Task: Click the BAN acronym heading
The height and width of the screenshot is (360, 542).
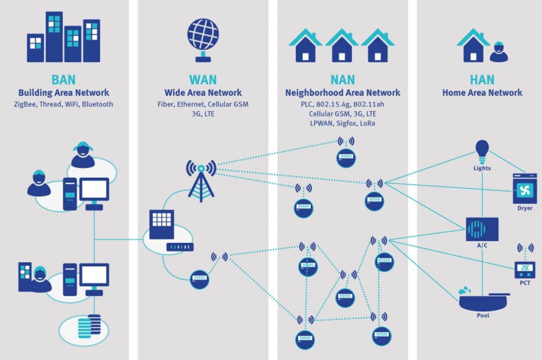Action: coord(63,79)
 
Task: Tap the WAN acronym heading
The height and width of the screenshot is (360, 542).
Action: coord(203,79)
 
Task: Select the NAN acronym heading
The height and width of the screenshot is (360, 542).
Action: coord(342,79)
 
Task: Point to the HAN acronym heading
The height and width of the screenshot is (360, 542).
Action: coord(482,79)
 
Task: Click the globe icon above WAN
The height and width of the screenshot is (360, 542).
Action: coord(203,35)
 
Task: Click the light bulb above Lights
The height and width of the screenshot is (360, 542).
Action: coord(482,149)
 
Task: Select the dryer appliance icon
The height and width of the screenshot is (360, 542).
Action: coord(524,188)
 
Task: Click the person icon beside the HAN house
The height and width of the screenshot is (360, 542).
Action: coord(498,52)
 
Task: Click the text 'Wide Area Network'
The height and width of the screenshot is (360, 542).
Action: coord(203,93)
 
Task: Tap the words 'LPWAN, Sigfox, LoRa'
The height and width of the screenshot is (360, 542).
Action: coord(342,123)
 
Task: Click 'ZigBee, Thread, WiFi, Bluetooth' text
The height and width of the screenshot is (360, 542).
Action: coord(63,104)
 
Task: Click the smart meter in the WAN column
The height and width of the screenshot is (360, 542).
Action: coord(199,279)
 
